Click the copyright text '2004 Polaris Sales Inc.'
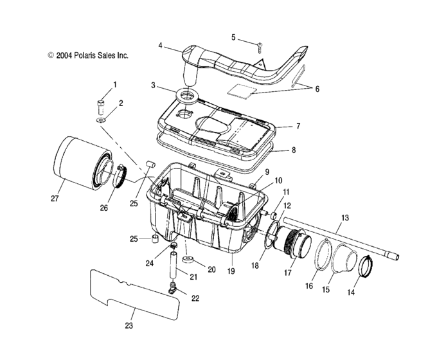(88, 55)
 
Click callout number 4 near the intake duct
(161, 46)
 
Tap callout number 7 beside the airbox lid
(298, 126)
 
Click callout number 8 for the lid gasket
(293, 150)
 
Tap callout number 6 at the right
(317, 89)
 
